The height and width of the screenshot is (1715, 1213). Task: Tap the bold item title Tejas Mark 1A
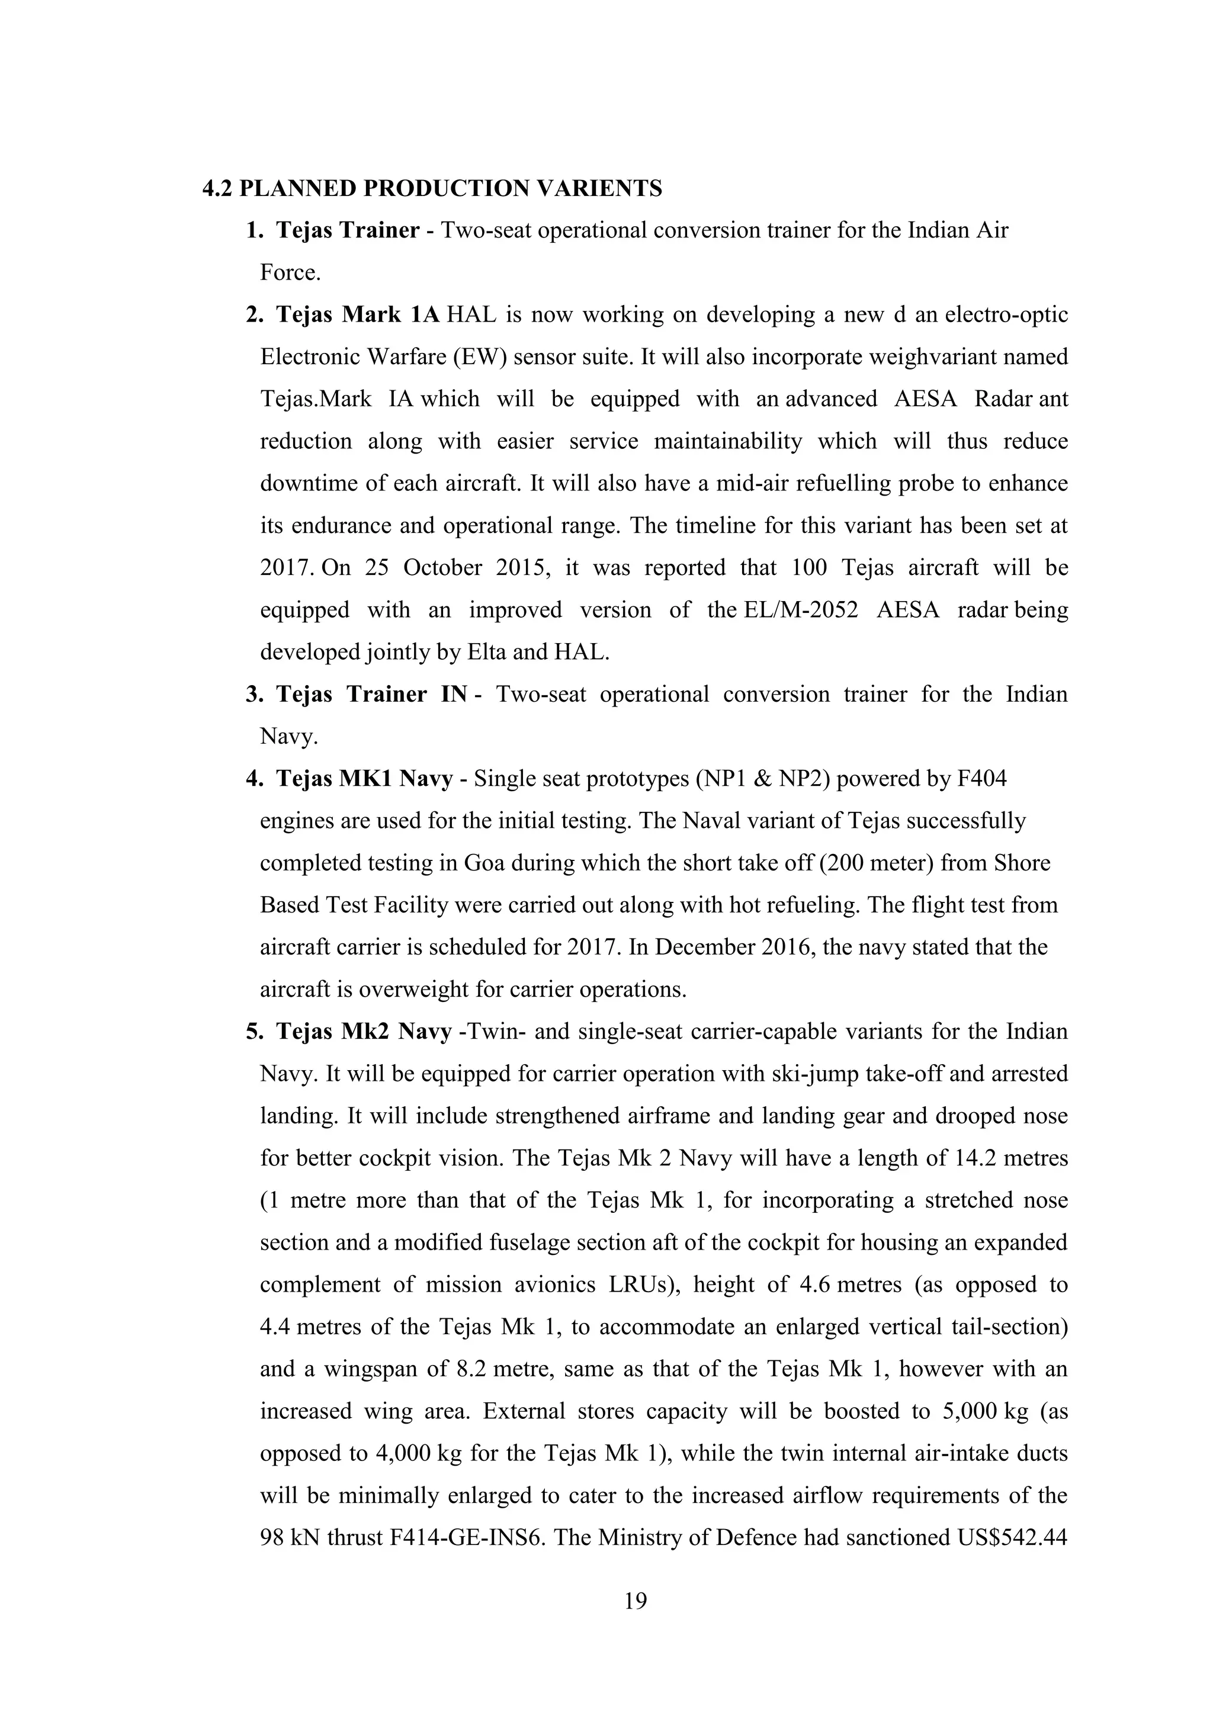point(358,314)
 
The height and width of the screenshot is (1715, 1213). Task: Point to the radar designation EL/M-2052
point(798,609)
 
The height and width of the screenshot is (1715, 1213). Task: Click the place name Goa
point(484,863)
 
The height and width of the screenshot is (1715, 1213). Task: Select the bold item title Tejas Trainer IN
point(372,694)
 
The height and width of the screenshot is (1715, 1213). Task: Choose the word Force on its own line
point(290,272)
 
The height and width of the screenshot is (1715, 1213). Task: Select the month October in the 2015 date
point(442,568)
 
